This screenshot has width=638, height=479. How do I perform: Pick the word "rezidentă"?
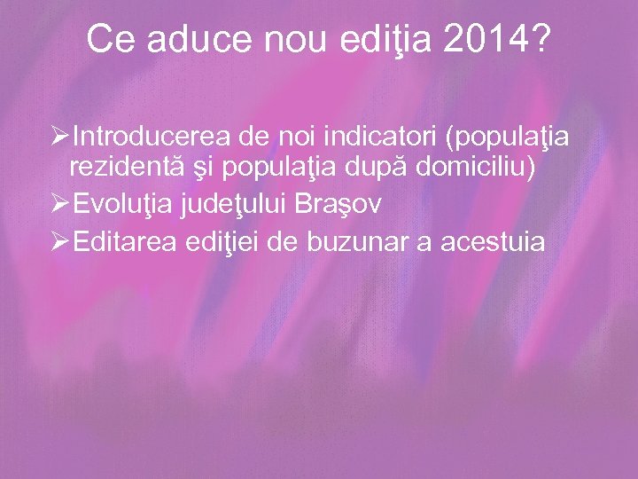124,169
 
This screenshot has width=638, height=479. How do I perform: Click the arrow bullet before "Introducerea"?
61,137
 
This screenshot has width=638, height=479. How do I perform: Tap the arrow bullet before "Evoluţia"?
61,205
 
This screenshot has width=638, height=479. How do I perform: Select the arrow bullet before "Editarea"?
61,241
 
